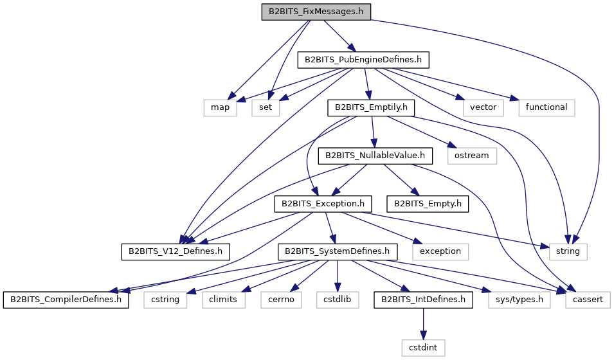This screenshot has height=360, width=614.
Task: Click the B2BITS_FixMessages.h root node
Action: coord(316,12)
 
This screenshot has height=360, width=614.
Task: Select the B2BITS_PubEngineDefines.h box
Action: coord(363,60)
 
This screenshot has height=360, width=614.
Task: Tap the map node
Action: coord(220,107)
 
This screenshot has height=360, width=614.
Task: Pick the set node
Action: coord(265,107)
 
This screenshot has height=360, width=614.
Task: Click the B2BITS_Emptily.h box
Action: coord(371,107)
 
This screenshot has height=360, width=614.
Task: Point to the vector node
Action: coord(483,107)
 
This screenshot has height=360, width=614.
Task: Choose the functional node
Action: coord(546,107)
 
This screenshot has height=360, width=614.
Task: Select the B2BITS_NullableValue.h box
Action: coord(375,156)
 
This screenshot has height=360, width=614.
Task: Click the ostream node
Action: coord(471,156)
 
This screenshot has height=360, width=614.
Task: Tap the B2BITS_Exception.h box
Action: coord(323,204)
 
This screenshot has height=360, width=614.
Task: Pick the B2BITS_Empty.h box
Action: coord(428,204)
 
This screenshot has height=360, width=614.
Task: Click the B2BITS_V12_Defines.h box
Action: coord(176,251)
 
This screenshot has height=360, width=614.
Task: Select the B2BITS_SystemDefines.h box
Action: coord(337,251)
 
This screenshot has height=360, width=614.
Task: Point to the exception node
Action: coord(440,251)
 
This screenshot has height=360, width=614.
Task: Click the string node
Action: coord(568,251)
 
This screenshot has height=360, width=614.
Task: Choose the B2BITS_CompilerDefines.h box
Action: coord(66,300)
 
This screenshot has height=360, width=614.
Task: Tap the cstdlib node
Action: coord(337,300)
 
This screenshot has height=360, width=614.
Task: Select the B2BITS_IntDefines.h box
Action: coord(423,300)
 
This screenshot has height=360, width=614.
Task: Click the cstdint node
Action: coord(423,348)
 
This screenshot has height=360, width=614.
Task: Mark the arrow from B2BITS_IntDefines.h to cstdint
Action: coord(423,324)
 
